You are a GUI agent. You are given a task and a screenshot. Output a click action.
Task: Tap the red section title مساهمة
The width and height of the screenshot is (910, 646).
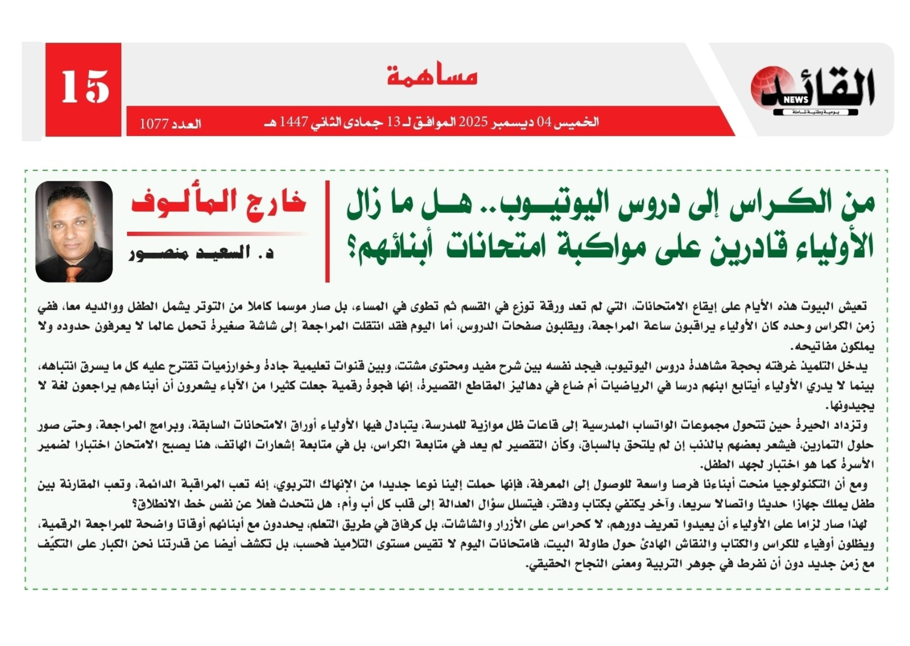click(432, 76)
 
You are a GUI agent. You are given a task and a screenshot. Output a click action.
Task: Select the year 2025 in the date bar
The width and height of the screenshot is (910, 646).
click(473, 122)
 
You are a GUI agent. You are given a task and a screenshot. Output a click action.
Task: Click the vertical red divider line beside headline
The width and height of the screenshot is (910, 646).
click(327, 231)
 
